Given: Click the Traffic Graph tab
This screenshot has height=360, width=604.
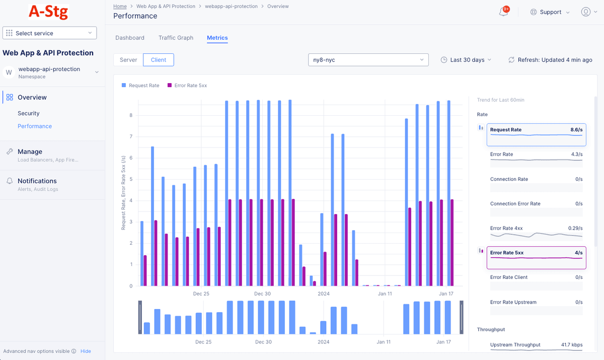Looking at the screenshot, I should (176, 38).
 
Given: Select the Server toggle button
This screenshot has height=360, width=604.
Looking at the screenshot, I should (128, 60).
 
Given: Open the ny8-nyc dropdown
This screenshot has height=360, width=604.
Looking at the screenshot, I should (368, 60).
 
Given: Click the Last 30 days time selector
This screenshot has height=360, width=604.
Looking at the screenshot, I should (466, 60).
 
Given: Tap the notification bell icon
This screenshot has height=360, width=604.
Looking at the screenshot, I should (503, 12).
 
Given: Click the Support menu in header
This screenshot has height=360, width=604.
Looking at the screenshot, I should (550, 12).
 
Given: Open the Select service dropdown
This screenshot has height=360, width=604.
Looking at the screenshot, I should (50, 33).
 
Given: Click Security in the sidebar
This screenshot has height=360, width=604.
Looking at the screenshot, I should (28, 113).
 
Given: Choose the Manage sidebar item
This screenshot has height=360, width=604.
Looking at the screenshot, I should (30, 152).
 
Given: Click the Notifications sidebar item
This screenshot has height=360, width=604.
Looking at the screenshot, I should (37, 181).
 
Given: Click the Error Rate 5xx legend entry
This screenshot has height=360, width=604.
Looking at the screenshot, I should (187, 86).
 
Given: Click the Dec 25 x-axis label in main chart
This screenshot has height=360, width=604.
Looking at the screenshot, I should (201, 294).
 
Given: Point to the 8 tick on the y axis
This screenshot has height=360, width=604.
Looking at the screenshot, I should (131, 115).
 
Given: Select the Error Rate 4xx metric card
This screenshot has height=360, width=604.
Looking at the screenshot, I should (536, 232).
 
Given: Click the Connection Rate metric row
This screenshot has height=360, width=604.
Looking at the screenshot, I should (536, 183).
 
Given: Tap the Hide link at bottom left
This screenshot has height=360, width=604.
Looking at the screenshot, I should (86, 351).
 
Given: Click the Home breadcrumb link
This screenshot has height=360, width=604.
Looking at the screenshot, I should (120, 7).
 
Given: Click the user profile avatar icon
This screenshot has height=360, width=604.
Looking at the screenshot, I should (585, 12).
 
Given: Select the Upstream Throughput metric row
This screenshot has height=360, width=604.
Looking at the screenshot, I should (536, 345).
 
